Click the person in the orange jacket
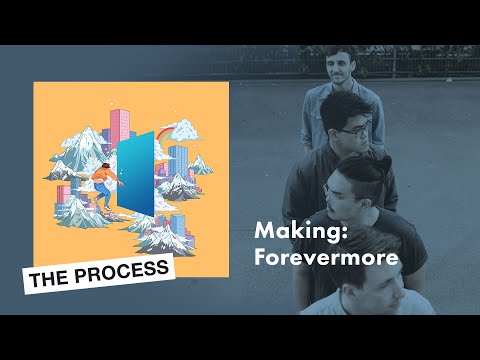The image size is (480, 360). click(102, 181)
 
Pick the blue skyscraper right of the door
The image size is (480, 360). click(177, 164)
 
